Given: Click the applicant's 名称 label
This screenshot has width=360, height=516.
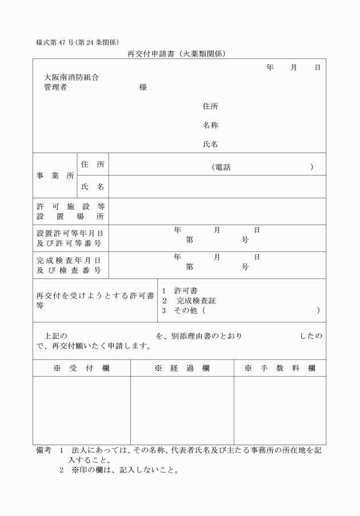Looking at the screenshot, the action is click(x=210, y=125).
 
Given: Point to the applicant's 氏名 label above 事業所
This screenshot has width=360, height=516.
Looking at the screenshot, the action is click(x=210, y=145).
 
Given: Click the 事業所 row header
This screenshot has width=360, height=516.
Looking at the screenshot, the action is click(x=55, y=175).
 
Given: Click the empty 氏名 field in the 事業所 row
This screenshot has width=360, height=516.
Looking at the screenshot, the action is click(x=217, y=186).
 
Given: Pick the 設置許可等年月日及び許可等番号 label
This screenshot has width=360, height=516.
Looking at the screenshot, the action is click(x=70, y=238).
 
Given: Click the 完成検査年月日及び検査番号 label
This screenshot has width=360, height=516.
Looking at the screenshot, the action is click(x=70, y=265).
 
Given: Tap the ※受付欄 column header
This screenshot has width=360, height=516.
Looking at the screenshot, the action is click(x=81, y=369).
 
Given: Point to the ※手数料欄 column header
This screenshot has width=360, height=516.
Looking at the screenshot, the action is click(x=279, y=369).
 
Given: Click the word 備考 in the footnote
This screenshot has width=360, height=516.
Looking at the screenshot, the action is click(x=43, y=450).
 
